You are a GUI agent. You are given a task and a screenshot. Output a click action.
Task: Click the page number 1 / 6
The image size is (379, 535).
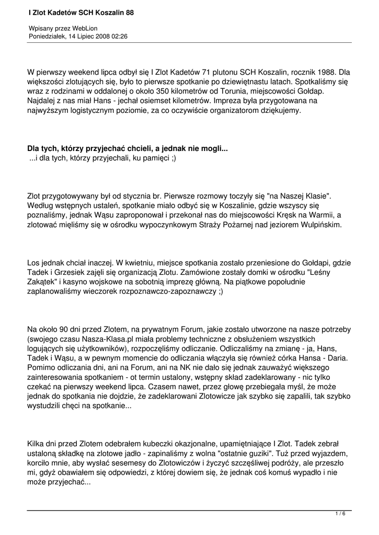tap(340, 514)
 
